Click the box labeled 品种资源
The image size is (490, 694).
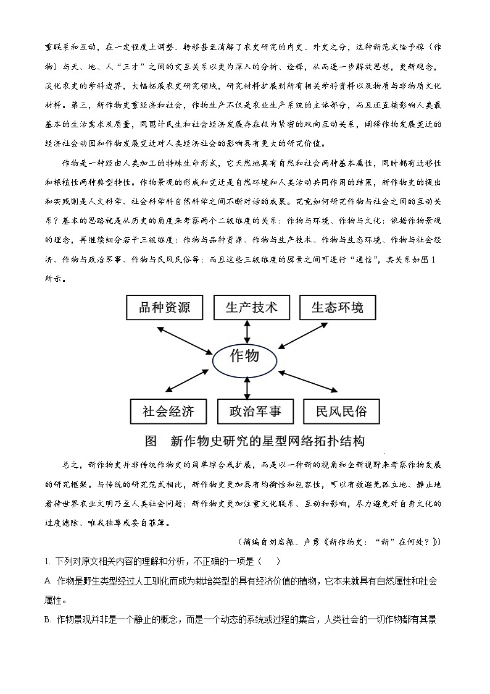(164, 308)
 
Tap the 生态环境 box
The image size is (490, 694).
(338, 308)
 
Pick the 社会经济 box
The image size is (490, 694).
(168, 412)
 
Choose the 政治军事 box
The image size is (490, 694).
(255, 412)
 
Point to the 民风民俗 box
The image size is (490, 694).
(341, 412)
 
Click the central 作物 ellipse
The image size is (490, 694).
(244, 358)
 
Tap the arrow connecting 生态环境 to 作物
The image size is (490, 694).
(307, 336)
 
